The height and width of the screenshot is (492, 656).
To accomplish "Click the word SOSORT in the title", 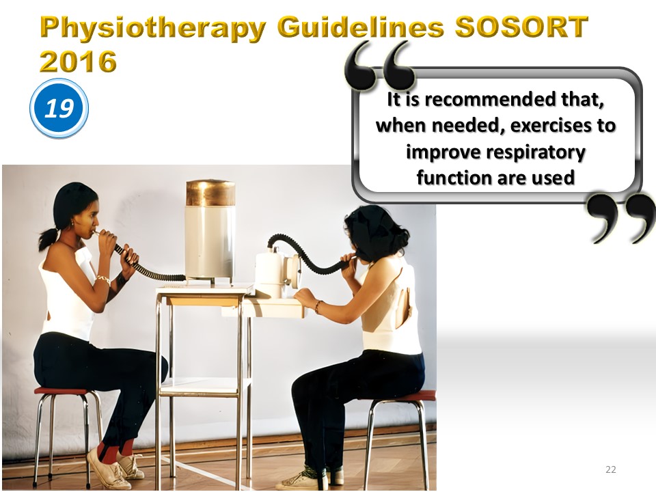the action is click(521, 27).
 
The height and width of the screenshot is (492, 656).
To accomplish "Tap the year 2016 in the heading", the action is click(78, 61).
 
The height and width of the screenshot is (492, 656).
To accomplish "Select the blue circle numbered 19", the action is click(59, 108).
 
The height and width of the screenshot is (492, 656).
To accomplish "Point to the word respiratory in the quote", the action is click(495, 152).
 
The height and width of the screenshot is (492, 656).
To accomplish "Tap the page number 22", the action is click(610, 469).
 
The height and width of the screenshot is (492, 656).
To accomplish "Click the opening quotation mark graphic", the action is click(379, 66).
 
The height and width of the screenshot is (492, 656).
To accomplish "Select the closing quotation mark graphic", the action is click(621, 217).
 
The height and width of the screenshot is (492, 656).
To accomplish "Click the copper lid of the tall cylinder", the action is click(210, 193).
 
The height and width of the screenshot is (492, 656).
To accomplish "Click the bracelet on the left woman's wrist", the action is click(103, 279).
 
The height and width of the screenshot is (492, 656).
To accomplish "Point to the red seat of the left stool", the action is click(62, 391).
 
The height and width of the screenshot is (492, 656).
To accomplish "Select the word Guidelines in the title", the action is click(360, 27).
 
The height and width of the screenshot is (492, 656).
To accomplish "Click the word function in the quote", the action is click(454, 178).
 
